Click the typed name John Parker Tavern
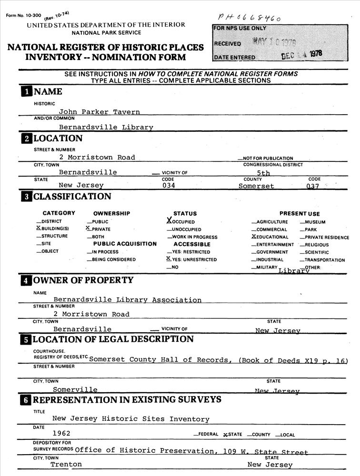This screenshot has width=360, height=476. (100, 112)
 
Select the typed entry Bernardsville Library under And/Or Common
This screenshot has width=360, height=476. (106, 127)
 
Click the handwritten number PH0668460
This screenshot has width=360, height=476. (249, 18)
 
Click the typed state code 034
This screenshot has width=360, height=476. (169, 186)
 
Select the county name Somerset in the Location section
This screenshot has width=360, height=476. (256, 186)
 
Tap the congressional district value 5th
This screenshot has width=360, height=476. (263, 173)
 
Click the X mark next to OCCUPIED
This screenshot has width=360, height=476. (169, 221)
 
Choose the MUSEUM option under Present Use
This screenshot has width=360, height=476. (315, 222)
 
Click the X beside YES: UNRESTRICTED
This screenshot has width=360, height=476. (169, 259)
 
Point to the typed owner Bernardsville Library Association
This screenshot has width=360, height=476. (127, 300)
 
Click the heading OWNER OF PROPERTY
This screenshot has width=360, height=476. (83, 280)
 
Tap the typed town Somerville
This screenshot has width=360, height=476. (75, 390)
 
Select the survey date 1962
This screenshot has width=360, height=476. (61, 433)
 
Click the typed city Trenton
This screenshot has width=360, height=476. (66, 464)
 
